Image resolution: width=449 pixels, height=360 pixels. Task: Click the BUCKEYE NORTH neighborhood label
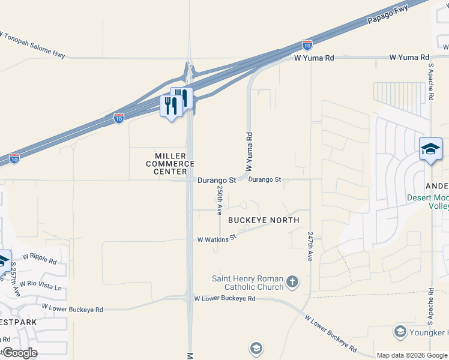pos(264,220)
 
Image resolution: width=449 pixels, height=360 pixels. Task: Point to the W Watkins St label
pos(217,238)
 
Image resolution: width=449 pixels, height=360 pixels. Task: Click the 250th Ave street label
pos(220,200)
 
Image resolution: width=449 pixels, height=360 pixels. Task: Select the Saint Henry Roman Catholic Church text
pos(247,283)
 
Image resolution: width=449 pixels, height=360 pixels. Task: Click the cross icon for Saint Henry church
pos(292,282)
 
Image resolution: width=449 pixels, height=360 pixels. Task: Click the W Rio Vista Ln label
pos(40,285)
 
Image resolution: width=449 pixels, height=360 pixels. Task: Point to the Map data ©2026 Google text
pos(411,355)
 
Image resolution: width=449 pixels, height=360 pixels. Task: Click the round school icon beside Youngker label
pos(400,332)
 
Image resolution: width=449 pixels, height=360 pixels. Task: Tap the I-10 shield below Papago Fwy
pos(307,44)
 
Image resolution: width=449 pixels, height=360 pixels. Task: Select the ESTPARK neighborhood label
pos(19,322)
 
